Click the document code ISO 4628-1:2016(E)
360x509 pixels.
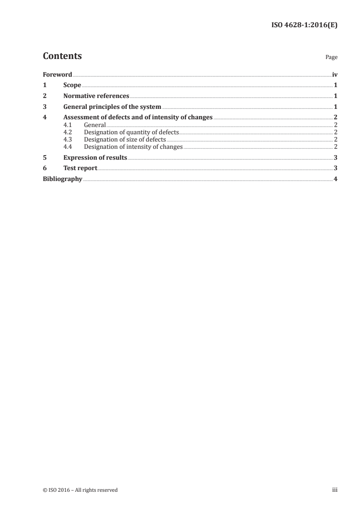(304, 25)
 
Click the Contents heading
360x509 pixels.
(62, 56)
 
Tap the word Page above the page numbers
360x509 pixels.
(331, 58)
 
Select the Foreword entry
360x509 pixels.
(57, 74)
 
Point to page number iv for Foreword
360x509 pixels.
(335, 74)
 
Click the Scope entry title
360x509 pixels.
(72, 85)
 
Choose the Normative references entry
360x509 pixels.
(96, 96)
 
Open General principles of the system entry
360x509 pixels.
(112, 107)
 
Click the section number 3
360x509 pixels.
(44, 107)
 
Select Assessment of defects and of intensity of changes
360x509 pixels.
(138, 117)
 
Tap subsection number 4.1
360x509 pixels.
(68, 125)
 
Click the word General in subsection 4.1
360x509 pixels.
(94, 125)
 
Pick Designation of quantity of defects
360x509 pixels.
(132, 132)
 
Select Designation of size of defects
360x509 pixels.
(125, 140)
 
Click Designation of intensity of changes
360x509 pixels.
(133, 147)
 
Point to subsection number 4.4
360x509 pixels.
(68, 147)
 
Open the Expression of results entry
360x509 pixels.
(95, 158)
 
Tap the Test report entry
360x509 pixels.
(80, 168)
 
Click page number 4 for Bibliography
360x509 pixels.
(335, 179)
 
